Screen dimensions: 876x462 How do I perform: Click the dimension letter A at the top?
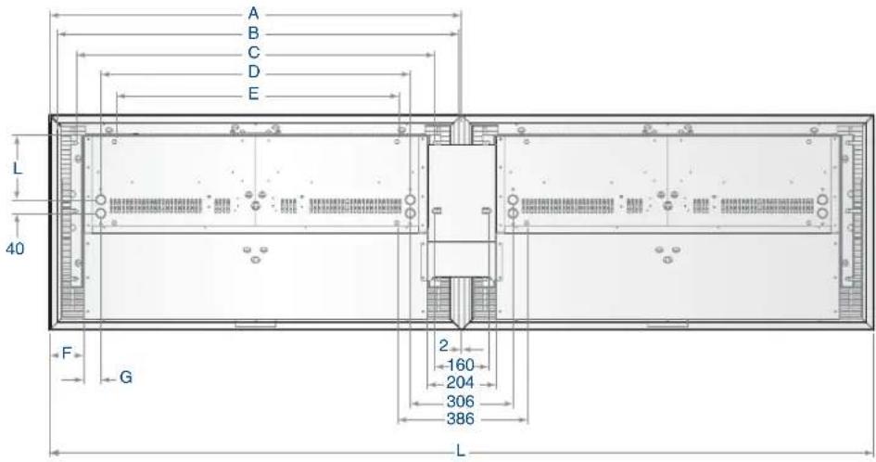click(254, 13)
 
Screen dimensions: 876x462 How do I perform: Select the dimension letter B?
click(254, 33)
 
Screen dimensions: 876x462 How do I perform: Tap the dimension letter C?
click(254, 53)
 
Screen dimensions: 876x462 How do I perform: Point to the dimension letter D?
click(254, 72)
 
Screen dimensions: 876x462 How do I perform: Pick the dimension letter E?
click(254, 94)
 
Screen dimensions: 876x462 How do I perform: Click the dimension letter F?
click(67, 353)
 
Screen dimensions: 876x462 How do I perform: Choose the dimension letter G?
click(126, 378)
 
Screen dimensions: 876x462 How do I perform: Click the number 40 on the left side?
click(15, 249)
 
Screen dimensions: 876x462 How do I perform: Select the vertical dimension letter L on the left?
click(18, 167)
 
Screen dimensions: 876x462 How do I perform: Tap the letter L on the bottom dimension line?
click(461, 451)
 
